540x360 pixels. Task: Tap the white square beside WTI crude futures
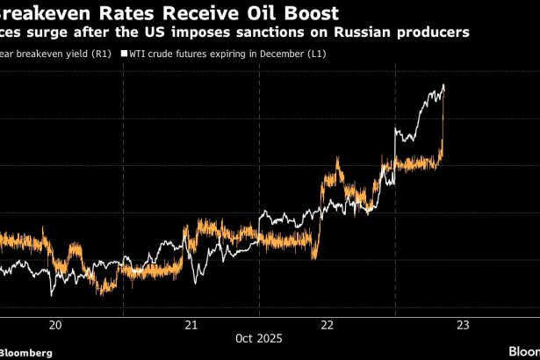(124, 54)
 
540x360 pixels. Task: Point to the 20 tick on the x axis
(55, 325)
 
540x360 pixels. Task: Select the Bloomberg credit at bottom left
(26, 351)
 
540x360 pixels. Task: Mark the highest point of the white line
(444, 84)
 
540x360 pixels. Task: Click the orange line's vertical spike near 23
(443, 123)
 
